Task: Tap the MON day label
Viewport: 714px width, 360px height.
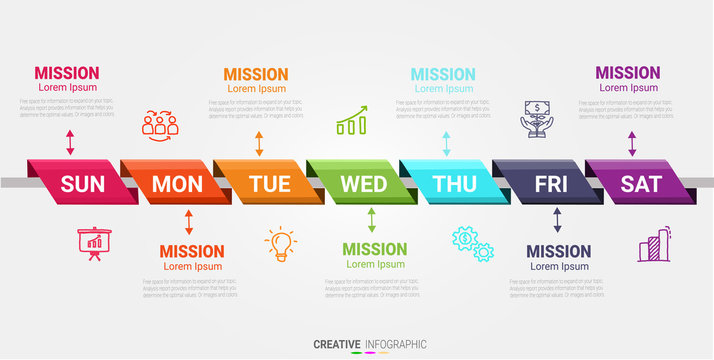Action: (176, 184)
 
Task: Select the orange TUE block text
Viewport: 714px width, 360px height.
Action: (269, 184)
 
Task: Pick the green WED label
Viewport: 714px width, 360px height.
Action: (363, 184)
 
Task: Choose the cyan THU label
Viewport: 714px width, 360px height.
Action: (455, 184)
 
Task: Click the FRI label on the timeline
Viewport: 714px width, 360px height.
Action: (550, 184)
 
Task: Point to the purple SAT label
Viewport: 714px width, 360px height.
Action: (641, 184)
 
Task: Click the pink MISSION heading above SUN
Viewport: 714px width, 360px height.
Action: (67, 72)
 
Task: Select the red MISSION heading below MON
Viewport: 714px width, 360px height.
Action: (192, 251)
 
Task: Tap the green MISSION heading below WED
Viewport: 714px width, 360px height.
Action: (375, 249)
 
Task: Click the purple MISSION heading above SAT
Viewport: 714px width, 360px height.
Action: (628, 72)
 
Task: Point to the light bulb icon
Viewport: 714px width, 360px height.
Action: (280, 243)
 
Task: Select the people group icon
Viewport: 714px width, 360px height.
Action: (159, 123)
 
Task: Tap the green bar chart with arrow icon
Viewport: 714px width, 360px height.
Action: (351, 123)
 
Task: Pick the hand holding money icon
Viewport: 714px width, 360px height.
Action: (537, 119)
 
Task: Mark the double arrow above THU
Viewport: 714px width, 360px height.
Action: (446, 143)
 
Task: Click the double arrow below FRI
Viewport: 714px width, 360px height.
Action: (558, 221)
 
